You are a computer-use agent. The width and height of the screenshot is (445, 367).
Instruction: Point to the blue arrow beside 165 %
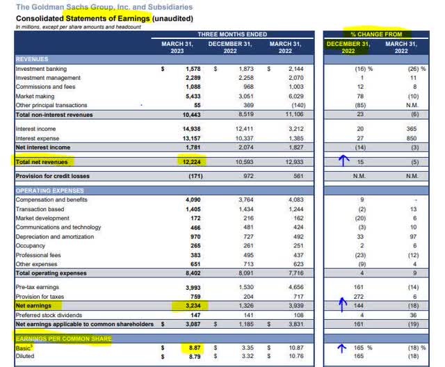pos(341,343)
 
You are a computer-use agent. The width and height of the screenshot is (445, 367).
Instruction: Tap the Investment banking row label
pos(41,69)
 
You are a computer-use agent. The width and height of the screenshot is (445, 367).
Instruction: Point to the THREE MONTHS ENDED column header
pos(221,33)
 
